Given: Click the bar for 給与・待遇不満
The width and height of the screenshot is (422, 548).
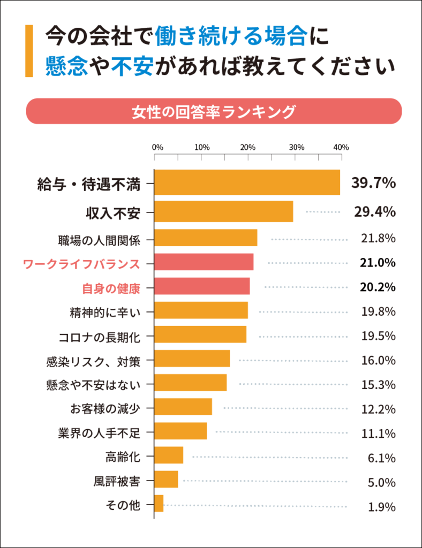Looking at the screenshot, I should [x=247, y=183].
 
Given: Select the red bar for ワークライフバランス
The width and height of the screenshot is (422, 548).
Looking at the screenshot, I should [x=204, y=262].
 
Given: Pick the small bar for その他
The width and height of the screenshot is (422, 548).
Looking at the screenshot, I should [x=159, y=504].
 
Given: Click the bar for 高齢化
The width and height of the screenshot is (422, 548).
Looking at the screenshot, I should [x=169, y=455].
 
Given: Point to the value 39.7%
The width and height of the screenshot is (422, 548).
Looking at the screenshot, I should [x=373, y=184].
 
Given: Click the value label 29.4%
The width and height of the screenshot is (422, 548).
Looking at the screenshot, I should [x=375, y=212].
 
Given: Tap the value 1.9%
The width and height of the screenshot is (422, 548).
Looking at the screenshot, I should [x=381, y=507].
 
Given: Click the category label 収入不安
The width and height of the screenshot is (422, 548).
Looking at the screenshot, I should [x=113, y=212].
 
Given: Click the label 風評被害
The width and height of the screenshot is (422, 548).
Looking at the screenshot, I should [x=117, y=481].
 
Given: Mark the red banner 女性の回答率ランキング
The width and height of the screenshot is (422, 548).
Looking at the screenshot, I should [x=214, y=112].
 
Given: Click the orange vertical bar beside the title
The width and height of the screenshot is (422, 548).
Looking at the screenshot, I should [x=29, y=51].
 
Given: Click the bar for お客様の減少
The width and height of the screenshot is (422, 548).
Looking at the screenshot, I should [x=183, y=407].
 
